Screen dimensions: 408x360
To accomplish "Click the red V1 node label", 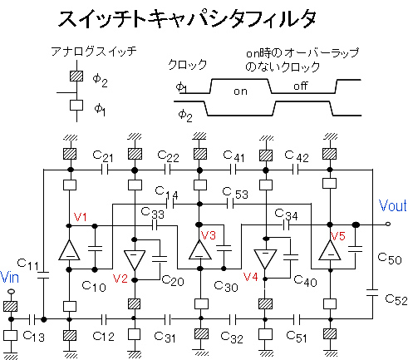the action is [81, 217].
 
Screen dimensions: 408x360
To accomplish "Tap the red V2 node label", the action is [120, 279].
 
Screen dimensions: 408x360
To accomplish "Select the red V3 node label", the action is [209, 235].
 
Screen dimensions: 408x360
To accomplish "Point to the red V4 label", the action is [251, 277].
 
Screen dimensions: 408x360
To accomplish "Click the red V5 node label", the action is [338, 236].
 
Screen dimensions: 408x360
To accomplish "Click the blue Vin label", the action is [9, 278].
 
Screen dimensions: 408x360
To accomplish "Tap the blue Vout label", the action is [393, 205].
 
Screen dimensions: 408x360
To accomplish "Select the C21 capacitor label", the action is [103, 156].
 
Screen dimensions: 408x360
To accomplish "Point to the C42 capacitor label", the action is [297, 156].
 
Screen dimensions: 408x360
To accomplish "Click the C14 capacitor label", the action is [166, 193].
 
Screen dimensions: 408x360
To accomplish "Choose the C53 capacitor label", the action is [235, 193].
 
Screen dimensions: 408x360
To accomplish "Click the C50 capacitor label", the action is [390, 259].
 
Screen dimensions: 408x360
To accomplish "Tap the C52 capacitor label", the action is [396, 299].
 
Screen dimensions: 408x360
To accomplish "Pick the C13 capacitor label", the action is [33, 337].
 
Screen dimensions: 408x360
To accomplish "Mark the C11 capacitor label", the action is [27, 264].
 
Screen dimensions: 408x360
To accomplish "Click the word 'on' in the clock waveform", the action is [240, 91].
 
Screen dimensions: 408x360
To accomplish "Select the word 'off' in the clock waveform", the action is [301, 86].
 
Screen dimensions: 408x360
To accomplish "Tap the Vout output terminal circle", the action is [388, 224].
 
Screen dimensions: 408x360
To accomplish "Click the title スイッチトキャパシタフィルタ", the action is [187, 19].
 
